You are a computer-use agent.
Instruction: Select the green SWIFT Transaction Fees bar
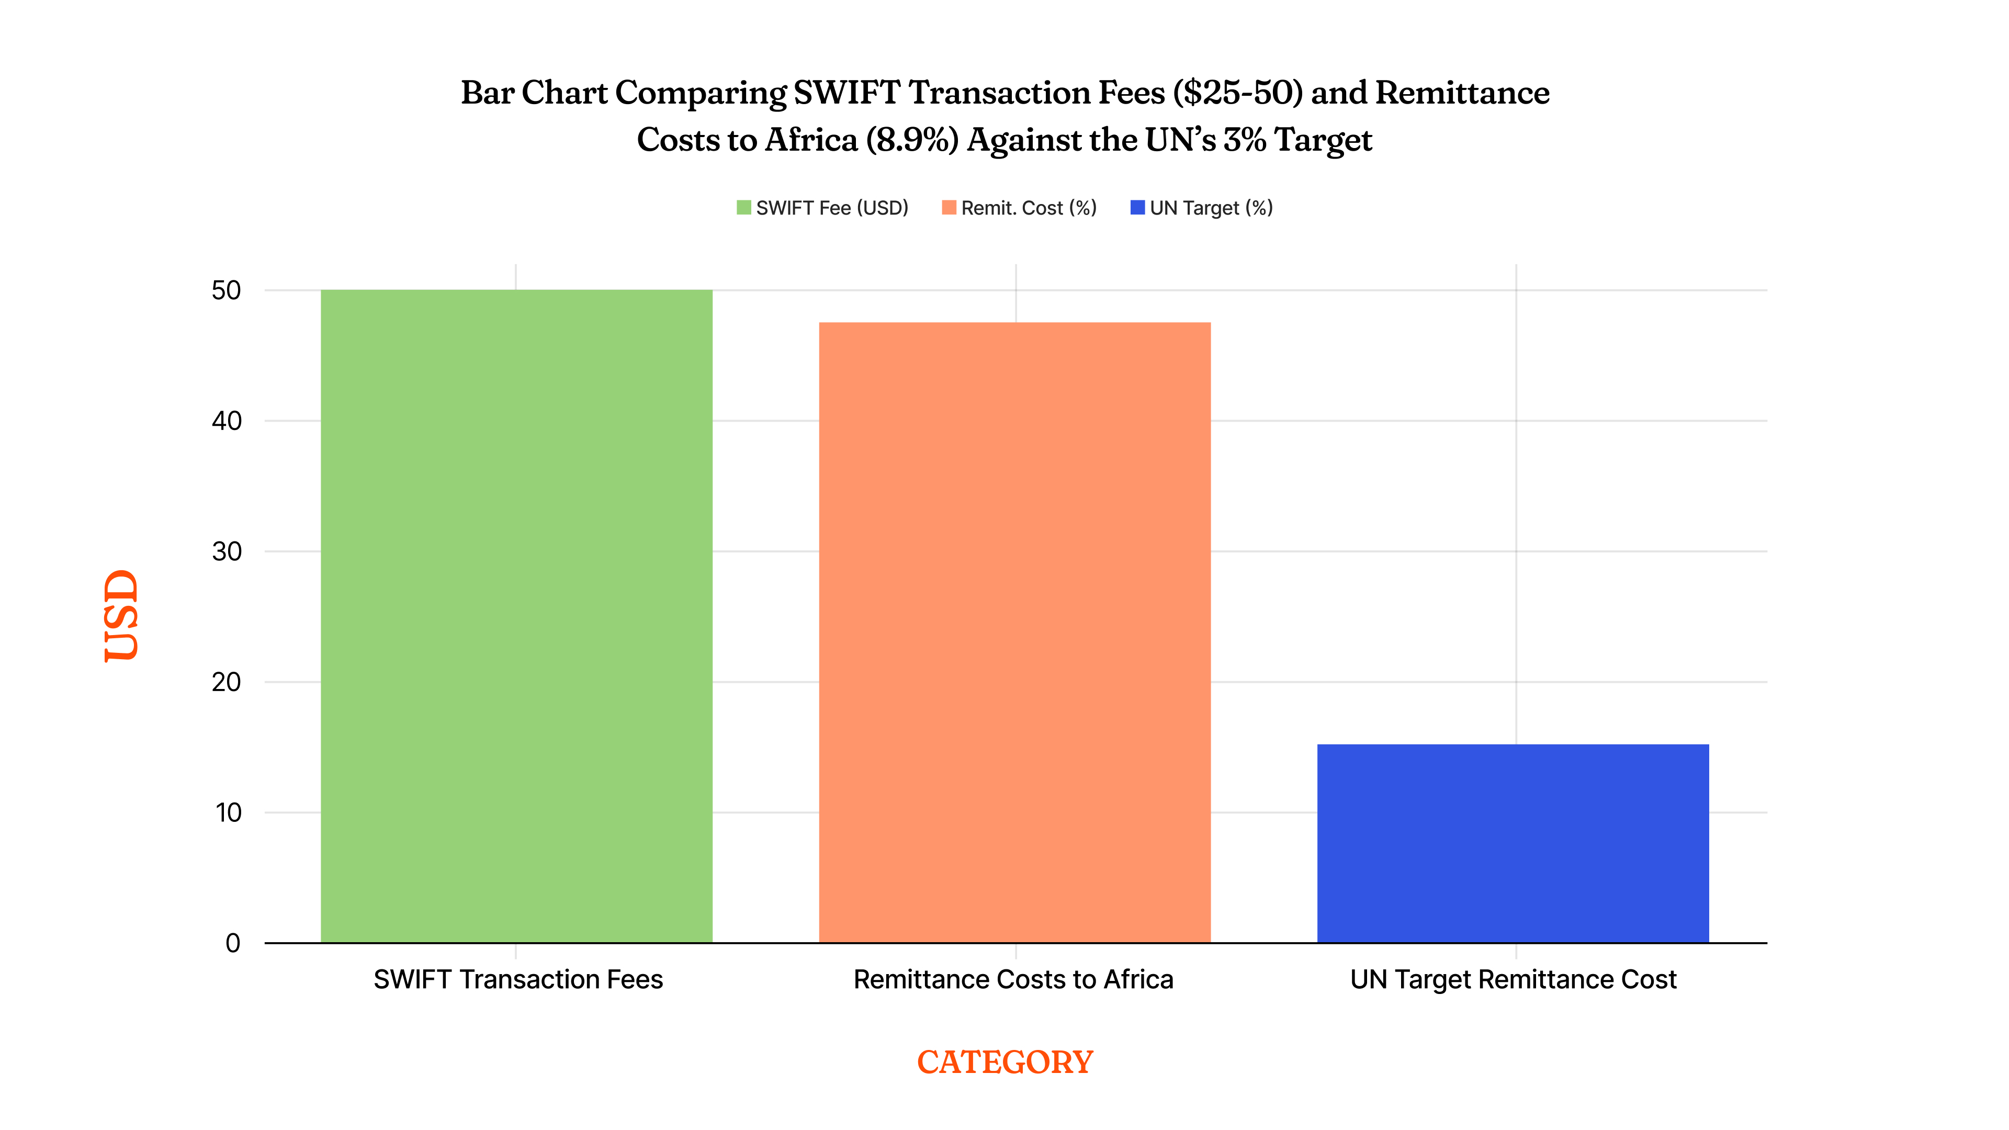[x=516, y=616]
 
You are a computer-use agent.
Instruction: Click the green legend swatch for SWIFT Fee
[x=743, y=208]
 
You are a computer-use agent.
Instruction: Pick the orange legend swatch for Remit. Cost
[x=949, y=208]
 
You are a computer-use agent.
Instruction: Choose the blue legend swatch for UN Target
[x=1137, y=208]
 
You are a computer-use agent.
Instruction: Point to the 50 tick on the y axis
[x=226, y=291]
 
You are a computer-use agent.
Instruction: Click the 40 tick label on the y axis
[x=226, y=421]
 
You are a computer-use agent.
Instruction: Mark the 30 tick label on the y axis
[x=226, y=552]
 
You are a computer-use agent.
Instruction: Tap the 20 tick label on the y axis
[x=226, y=682]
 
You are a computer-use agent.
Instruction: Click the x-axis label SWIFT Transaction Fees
[x=518, y=979]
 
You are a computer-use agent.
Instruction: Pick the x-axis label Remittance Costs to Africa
[x=1013, y=979]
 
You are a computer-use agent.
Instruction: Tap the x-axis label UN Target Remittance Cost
[x=1513, y=979]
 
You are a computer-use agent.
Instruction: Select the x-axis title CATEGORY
[x=1004, y=1062]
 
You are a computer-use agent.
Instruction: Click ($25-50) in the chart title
[x=1238, y=93]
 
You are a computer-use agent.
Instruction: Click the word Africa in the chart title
[x=811, y=140]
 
